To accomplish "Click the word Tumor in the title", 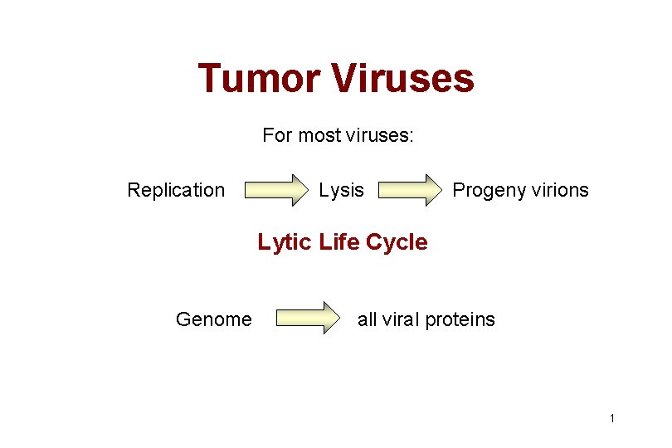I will tap(259, 79).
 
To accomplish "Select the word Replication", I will tap(176, 190).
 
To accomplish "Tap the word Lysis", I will tap(341, 190).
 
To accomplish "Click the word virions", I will tap(558, 190).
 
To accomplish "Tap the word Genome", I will tap(213, 319).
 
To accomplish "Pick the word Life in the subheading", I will tap(337, 242).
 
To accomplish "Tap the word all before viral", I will tap(366, 319).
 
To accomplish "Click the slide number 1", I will tap(611, 418).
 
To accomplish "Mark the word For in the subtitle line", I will tap(277, 134).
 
